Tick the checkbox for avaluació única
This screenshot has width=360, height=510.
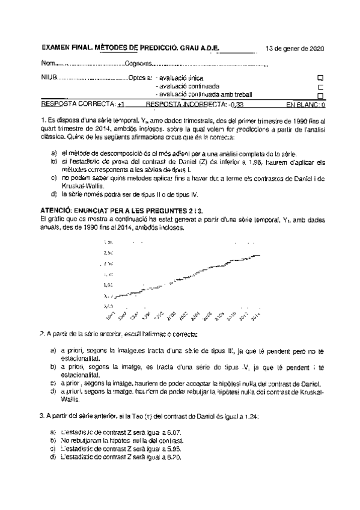pos(320,78)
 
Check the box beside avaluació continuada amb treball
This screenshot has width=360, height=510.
pos(320,96)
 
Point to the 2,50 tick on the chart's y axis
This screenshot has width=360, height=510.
pos(109,254)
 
